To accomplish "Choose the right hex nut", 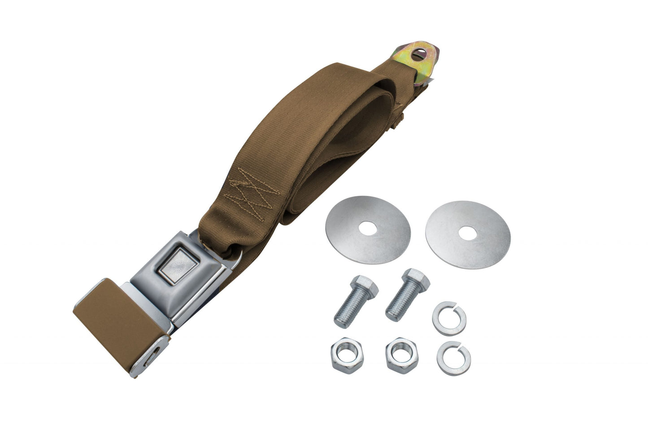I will pos(402,354).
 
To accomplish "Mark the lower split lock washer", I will pos(454,358).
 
